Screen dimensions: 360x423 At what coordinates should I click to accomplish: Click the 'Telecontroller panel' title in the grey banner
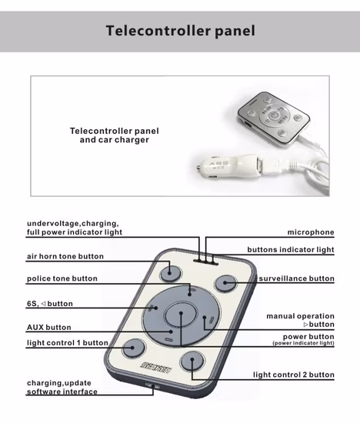click(x=180, y=31)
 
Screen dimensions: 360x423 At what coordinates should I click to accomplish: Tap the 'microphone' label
click(x=311, y=232)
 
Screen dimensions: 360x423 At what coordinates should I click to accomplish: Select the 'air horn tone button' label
click(x=65, y=256)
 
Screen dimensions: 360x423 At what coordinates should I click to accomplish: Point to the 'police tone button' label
click(x=62, y=278)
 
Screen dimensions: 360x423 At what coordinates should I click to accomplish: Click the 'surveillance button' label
click(x=297, y=278)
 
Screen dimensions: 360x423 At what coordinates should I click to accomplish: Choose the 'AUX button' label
click(x=48, y=327)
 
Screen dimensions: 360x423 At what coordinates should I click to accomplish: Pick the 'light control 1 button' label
click(x=67, y=342)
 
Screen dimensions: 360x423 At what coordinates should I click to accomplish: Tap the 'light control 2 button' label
click(x=294, y=375)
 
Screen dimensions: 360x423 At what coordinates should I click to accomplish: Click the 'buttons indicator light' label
click(x=291, y=250)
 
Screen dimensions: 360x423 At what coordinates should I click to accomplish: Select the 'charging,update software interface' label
click(x=62, y=387)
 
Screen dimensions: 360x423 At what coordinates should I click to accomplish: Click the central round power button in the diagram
click(x=181, y=315)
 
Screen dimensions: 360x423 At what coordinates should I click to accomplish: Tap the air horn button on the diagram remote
click(x=170, y=273)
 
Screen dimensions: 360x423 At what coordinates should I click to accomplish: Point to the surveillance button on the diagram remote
click(x=225, y=283)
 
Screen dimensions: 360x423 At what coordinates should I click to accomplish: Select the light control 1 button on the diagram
click(x=133, y=348)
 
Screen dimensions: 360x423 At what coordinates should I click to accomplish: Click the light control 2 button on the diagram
click(x=192, y=361)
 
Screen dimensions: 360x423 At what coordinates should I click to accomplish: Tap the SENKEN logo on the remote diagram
click(x=156, y=368)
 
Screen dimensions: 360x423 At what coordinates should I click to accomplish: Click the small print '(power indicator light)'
click(x=303, y=343)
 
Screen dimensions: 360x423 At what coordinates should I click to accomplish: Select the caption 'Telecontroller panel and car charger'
click(x=114, y=135)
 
